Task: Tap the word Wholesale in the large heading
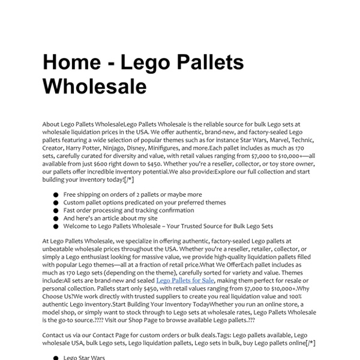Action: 94,86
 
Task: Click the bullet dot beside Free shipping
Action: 56,195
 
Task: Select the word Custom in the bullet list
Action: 74,203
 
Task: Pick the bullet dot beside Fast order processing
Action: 56,211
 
